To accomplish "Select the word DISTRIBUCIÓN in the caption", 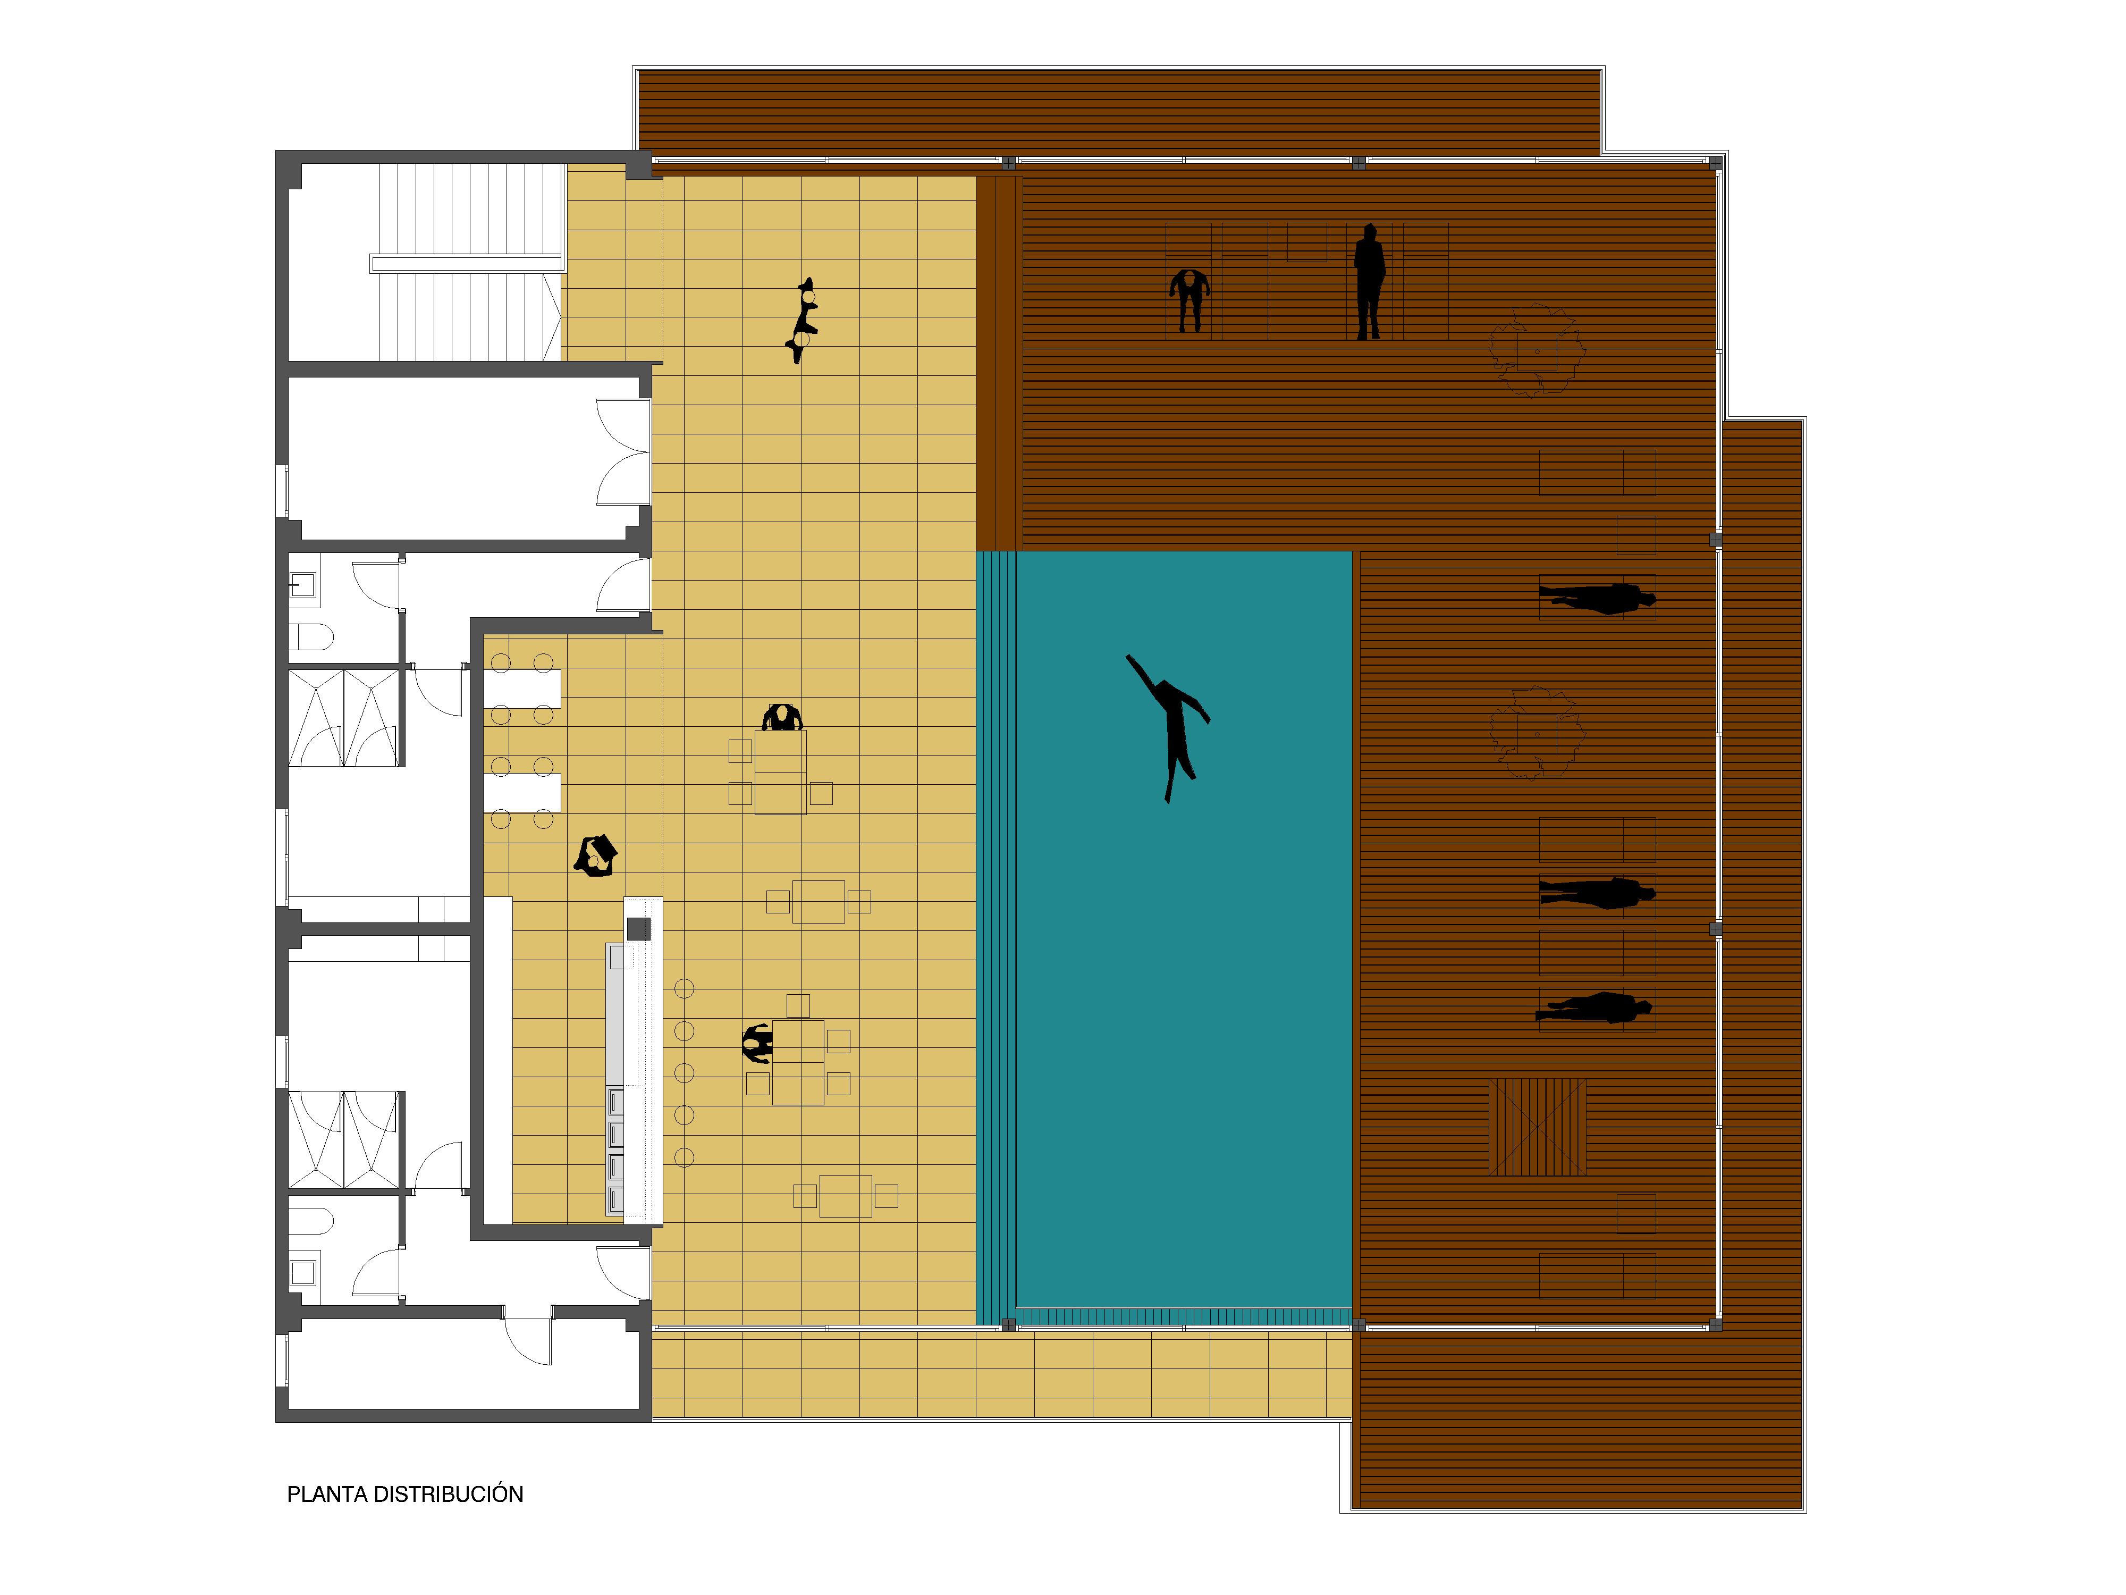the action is (448, 1494).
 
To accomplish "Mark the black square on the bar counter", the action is (638, 929).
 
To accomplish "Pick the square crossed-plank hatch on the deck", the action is (1537, 1127).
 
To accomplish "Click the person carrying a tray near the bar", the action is (596, 855).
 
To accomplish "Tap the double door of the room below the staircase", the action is (623, 452).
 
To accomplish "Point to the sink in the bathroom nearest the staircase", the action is (303, 584).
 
